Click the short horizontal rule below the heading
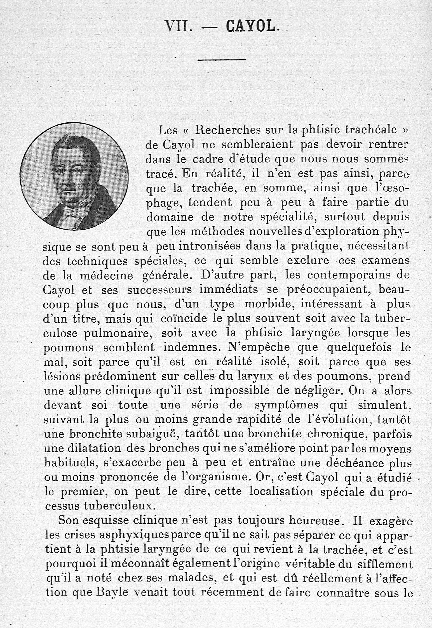tap(222, 60)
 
